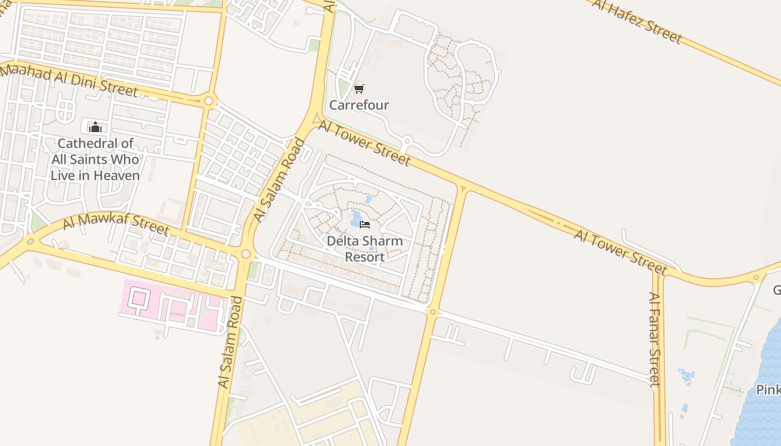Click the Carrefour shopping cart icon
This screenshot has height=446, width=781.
coord(359,89)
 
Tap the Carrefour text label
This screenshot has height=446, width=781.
coord(359,105)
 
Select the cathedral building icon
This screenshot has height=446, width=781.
coord(95,127)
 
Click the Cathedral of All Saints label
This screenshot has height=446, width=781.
coord(95,159)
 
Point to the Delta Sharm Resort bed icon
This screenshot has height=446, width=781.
coord(365,224)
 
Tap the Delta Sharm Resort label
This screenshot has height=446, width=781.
coord(364,249)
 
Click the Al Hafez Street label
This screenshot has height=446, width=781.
coord(637,21)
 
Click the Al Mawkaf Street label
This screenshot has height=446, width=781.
coord(115,222)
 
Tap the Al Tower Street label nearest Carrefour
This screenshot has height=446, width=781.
coord(364,144)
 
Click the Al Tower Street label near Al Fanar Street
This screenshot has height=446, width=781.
coord(620,252)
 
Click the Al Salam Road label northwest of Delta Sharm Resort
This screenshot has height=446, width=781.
coord(279,180)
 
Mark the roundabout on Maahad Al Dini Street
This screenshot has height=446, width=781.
coord(209,101)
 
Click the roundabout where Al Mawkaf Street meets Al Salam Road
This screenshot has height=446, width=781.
coord(246,254)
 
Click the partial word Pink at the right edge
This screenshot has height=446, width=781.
coord(768,390)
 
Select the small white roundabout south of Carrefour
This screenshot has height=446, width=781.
coord(407,140)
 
